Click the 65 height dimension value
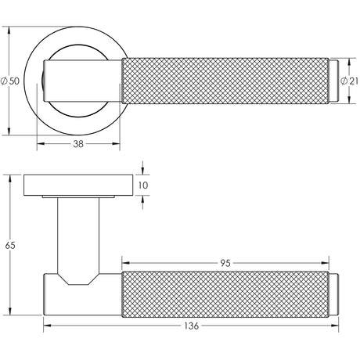coord(10,245)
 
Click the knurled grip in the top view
coord(227,81)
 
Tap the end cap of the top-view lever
coord(337,81)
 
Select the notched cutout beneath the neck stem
coord(78,279)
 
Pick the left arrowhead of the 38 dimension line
coord(39,145)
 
